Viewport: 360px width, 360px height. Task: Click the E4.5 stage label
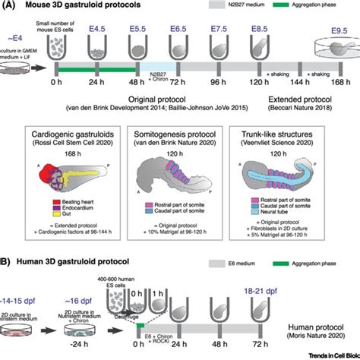point(96,30)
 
